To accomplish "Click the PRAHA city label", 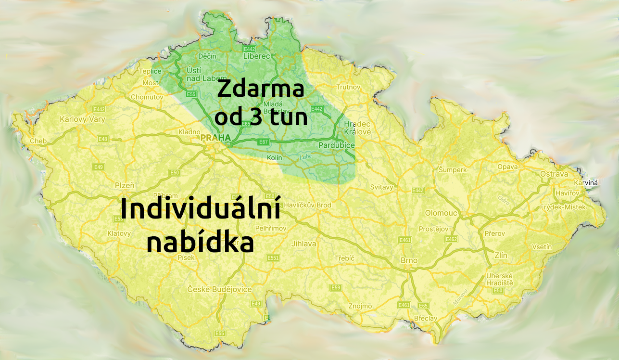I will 215,138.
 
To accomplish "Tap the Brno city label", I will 409,260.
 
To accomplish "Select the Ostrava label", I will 554,174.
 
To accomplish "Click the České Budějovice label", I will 220,289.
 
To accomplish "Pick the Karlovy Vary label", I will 82,119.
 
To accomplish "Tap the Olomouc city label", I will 441,213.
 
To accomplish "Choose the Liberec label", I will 257,56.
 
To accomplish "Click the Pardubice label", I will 336,145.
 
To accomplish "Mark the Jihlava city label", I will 304,244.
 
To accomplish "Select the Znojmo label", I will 360,306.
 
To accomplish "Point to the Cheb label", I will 38,141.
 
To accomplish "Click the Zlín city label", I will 501,255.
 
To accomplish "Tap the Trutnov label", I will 349,87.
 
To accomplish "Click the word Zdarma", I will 261,90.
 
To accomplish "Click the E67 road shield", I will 263,142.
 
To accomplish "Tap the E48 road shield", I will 102,139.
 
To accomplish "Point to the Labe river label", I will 305,156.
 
